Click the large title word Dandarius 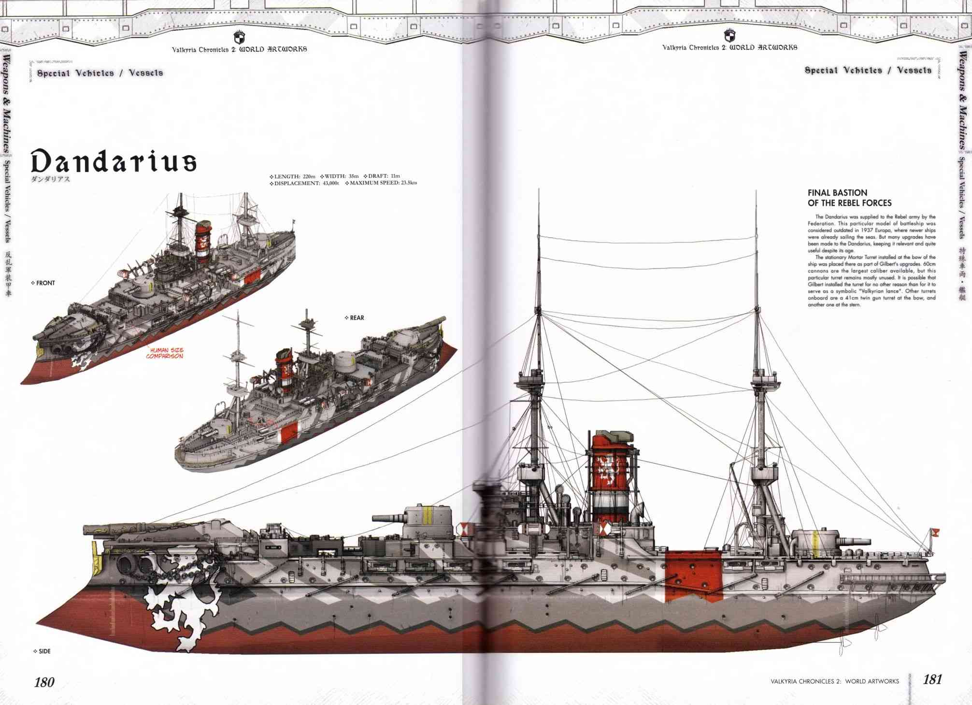click(x=114, y=161)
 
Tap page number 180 click(x=44, y=682)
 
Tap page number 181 click(x=932, y=680)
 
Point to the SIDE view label click(x=44, y=651)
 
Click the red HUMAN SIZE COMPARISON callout click(x=165, y=353)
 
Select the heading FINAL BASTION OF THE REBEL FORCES click(x=849, y=198)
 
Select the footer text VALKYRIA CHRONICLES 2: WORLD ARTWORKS click(x=835, y=681)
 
